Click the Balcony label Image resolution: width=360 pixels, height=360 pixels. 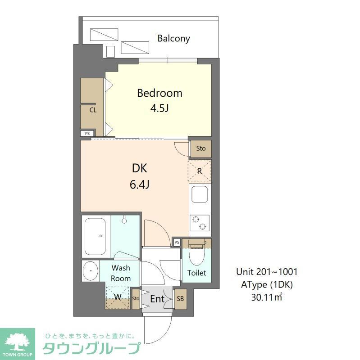[x=173, y=38]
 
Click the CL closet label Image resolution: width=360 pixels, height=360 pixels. [x=92, y=109]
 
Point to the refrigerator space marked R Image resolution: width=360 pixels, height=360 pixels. [x=199, y=171]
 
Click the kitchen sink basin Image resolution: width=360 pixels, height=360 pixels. [x=199, y=195]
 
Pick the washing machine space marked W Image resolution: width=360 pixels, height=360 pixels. [x=117, y=297]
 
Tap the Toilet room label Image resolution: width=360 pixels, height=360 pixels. [x=196, y=273]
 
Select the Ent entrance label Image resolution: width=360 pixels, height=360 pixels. [x=157, y=299]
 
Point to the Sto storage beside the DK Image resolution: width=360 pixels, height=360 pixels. [x=201, y=148]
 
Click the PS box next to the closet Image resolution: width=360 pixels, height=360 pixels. [x=87, y=133]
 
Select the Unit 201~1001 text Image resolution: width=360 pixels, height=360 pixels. [x=267, y=272]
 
